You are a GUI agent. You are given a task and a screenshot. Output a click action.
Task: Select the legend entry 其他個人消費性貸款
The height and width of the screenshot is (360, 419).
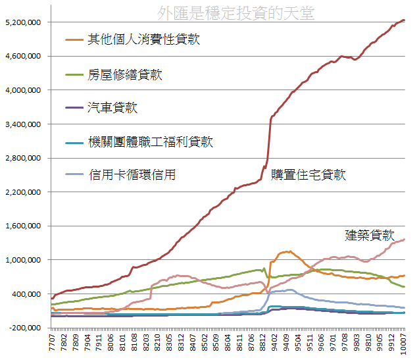click(x=143, y=39)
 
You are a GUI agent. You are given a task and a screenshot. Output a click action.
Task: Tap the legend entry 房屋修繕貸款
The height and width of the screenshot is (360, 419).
click(x=124, y=74)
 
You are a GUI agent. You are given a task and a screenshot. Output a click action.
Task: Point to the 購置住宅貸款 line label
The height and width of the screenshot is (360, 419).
click(x=308, y=174)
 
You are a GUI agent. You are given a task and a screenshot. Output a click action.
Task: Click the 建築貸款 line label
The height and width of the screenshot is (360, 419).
click(x=369, y=235)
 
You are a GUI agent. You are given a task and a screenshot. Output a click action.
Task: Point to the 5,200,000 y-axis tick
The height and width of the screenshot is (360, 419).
click(x=24, y=22)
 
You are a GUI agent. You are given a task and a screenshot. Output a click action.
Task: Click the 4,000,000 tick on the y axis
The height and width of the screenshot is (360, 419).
click(x=24, y=90)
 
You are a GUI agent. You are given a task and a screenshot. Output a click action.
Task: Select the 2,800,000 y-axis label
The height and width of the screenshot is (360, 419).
click(x=24, y=158)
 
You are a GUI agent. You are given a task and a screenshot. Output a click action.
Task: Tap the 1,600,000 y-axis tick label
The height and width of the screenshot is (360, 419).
click(x=24, y=226)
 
